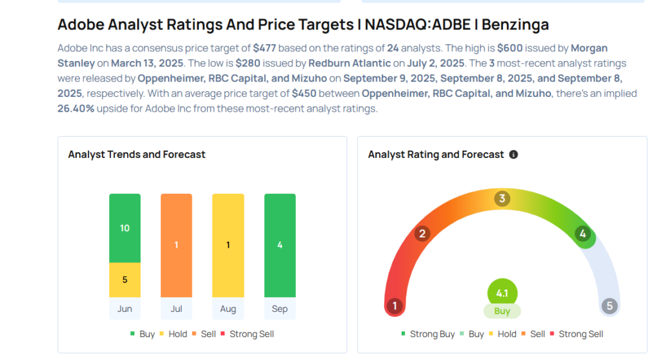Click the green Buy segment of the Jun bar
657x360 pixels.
[124, 228]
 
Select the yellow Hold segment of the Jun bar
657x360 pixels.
[124, 280]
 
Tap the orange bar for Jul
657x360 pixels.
[176, 245]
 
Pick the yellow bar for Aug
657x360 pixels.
[228, 245]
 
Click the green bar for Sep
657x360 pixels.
[280, 245]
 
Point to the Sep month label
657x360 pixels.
[280, 309]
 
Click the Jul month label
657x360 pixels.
[176, 309]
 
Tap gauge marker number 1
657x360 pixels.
[395, 306]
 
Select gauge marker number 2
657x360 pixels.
[422, 234]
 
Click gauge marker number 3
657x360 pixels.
[502, 199]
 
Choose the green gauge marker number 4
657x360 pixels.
[583, 234]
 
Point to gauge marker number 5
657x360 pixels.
[610, 306]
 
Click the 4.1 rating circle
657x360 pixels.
[502, 294]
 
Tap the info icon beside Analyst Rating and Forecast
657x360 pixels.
[513, 155]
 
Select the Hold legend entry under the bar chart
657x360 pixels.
[182, 334]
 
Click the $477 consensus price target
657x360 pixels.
[266, 48]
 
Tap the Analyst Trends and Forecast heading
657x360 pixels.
[137, 155]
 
